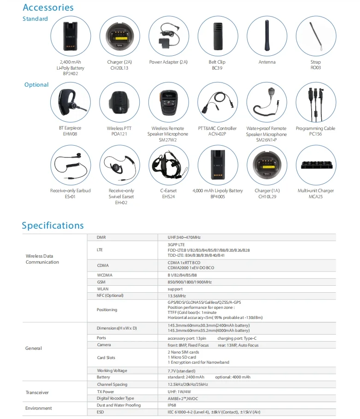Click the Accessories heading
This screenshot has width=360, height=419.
tap(48, 7)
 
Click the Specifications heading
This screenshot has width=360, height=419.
tap(53, 225)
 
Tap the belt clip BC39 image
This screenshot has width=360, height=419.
tap(218, 35)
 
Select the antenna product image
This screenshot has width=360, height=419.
tap(267, 35)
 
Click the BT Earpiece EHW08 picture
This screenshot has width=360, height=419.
tap(70, 102)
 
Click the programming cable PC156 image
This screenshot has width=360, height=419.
tap(316, 102)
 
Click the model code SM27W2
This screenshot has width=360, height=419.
tap(168, 140)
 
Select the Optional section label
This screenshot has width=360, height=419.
tap(36, 85)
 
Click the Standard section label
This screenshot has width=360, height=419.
tap(35, 19)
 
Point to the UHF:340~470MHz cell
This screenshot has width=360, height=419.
tap(184, 237)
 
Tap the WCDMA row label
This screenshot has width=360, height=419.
tap(105, 275)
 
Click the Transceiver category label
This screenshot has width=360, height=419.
tap(37, 392)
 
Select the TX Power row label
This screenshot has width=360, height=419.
tap(106, 391)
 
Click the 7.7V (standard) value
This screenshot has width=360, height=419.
tap(182, 371)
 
